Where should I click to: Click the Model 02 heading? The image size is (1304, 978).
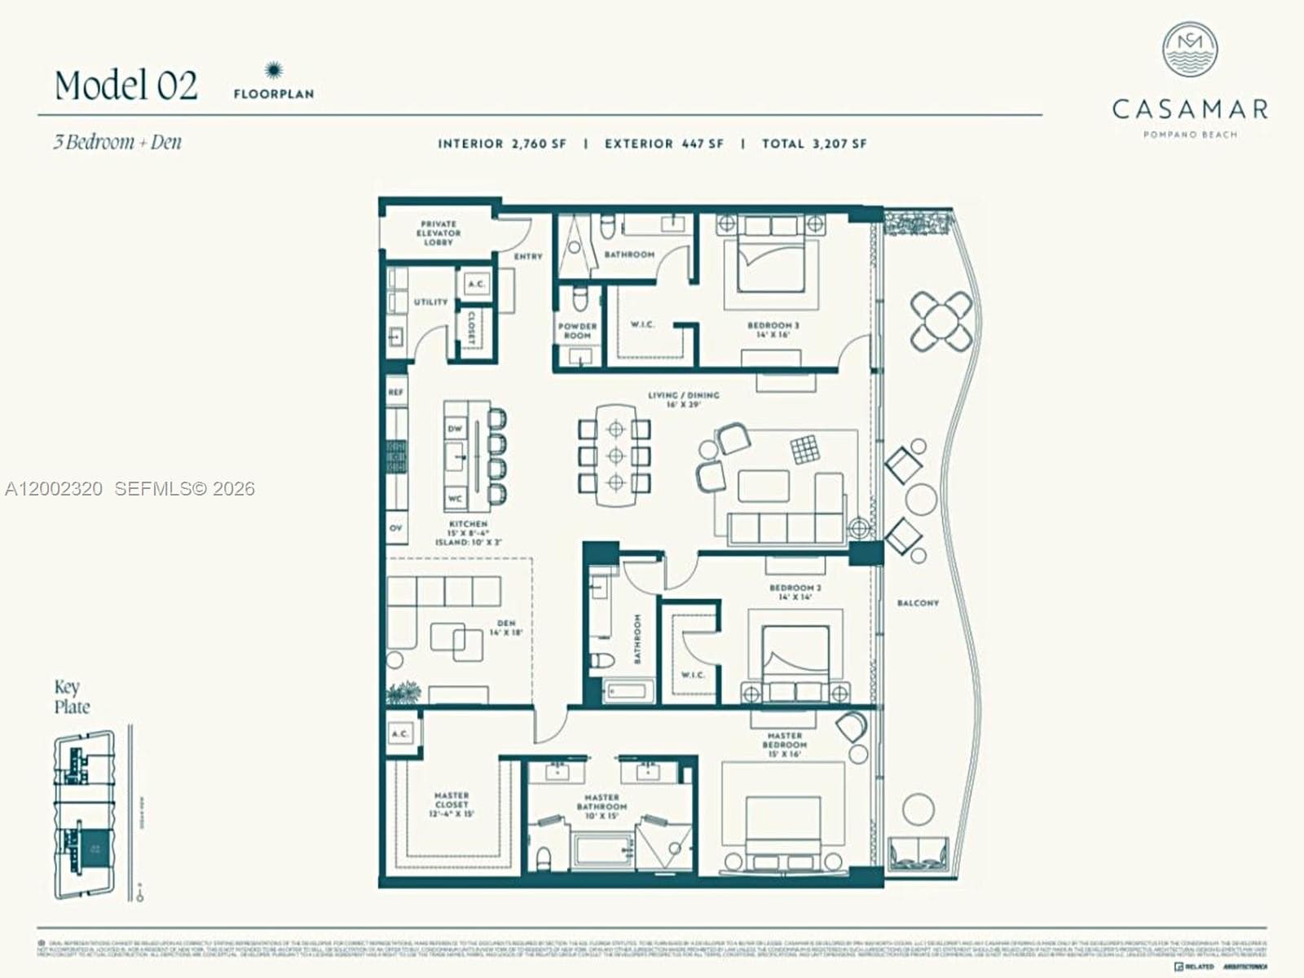pyautogui.click(x=126, y=86)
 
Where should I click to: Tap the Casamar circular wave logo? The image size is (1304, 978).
pyautogui.click(x=1190, y=51)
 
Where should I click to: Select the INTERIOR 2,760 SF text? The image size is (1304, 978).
pyautogui.click(x=502, y=143)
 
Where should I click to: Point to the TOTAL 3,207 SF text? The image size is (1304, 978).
pyautogui.click(x=814, y=143)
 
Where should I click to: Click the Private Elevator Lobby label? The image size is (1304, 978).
pyautogui.click(x=438, y=233)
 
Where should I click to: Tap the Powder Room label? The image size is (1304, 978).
pyautogui.click(x=577, y=331)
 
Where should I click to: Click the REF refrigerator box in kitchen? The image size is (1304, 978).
pyautogui.click(x=396, y=392)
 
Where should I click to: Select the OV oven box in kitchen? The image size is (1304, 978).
pyautogui.click(x=396, y=528)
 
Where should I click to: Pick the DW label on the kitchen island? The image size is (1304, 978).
pyautogui.click(x=455, y=428)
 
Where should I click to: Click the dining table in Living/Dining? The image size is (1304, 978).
pyautogui.click(x=615, y=455)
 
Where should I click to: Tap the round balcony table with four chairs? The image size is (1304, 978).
pyautogui.click(x=942, y=320)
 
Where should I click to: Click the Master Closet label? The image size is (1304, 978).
pyautogui.click(x=451, y=804)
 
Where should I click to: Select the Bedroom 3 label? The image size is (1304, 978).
pyautogui.click(x=773, y=329)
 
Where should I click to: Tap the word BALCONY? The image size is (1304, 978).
pyautogui.click(x=918, y=603)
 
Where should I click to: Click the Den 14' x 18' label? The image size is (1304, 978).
pyautogui.click(x=505, y=628)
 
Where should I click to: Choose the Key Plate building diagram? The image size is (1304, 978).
pyautogui.click(x=85, y=815)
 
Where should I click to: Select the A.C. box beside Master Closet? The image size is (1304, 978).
pyautogui.click(x=401, y=733)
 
